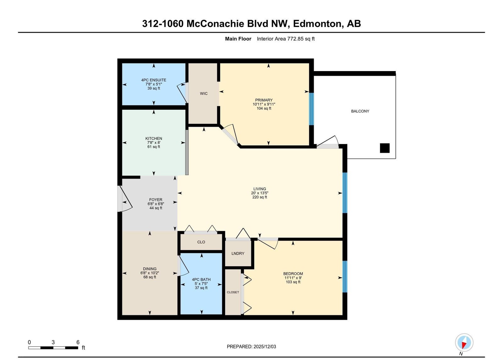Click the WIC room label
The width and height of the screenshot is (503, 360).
pos(204,93)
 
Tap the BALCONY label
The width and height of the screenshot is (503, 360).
pos(360,111)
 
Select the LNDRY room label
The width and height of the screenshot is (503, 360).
pos(238,253)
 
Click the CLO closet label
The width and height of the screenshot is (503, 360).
pos(201,242)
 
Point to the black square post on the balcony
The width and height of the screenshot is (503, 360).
pos(385,148)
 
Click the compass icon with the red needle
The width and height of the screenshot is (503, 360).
pos(464,342)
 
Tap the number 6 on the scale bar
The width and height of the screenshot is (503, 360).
pos(78,342)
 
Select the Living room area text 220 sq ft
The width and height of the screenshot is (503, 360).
pos(260,197)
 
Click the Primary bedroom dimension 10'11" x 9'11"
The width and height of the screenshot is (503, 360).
pos(264,104)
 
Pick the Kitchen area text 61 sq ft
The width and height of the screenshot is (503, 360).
pos(154,147)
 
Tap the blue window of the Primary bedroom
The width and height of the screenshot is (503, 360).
pos(311,109)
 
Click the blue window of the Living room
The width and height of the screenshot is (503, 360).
pos(345,192)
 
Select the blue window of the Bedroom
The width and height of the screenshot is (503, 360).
pos(345,276)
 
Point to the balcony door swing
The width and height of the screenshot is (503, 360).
pos(328,142)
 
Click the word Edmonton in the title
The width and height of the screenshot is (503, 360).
pos(317,24)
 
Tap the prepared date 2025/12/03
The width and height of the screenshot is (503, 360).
pos(265,346)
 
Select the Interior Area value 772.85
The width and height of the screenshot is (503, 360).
pos(295,39)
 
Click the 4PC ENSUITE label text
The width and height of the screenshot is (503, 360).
pos(154,80)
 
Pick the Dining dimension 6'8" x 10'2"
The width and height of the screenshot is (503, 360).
pos(150,273)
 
